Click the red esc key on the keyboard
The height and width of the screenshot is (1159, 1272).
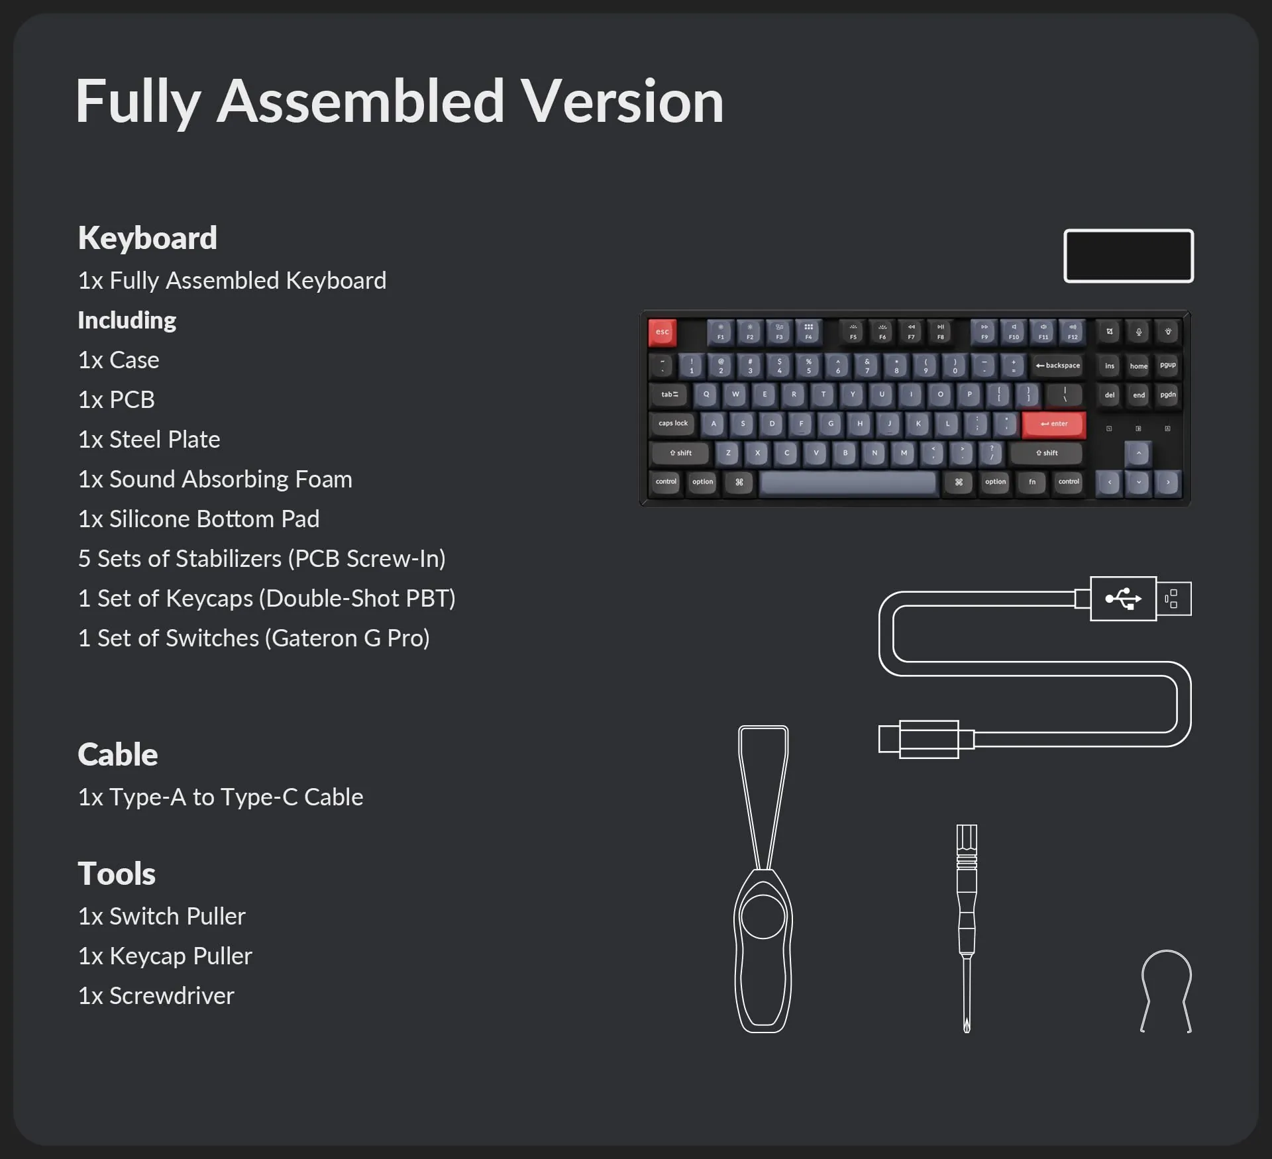[x=662, y=332]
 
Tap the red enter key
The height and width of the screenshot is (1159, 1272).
[x=1053, y=424]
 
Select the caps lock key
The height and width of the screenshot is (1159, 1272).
[x=673, y=424]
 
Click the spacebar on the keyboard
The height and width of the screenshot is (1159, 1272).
[x=848, y=483]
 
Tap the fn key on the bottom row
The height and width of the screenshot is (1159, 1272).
[x=1032, y=482]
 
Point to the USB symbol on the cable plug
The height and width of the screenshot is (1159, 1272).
[x=1123, y=599]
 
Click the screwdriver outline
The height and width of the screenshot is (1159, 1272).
[x=967, y=928]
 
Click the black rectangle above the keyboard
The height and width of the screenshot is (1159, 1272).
[x=1129, y=256]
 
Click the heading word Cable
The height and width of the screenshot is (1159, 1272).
[x=118, y=754]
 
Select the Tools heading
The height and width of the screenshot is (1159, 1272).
[x=117, y=874]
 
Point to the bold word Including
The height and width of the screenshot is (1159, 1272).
[x=127, y=321]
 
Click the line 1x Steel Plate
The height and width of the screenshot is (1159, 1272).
[x=149, y=440]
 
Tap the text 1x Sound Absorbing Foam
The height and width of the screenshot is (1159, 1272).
[x=215, y=479]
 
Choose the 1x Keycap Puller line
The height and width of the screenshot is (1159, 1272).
[x=165, y=956]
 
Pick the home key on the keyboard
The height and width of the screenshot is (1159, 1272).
[x=1138, y=366]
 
